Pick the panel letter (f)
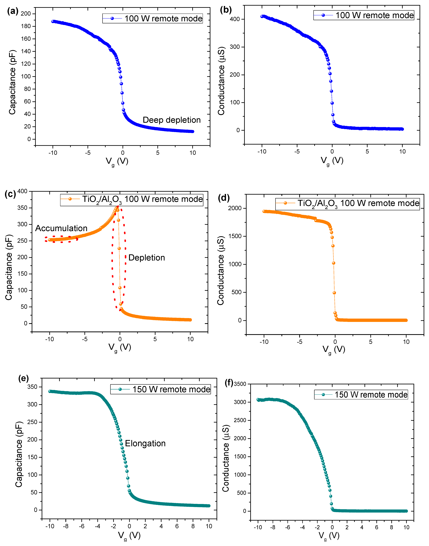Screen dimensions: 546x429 229,383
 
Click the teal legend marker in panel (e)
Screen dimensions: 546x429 120,389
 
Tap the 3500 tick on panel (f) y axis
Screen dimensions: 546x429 240,384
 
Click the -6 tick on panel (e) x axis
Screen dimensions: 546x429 82,526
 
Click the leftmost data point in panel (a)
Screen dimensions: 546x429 53,22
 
